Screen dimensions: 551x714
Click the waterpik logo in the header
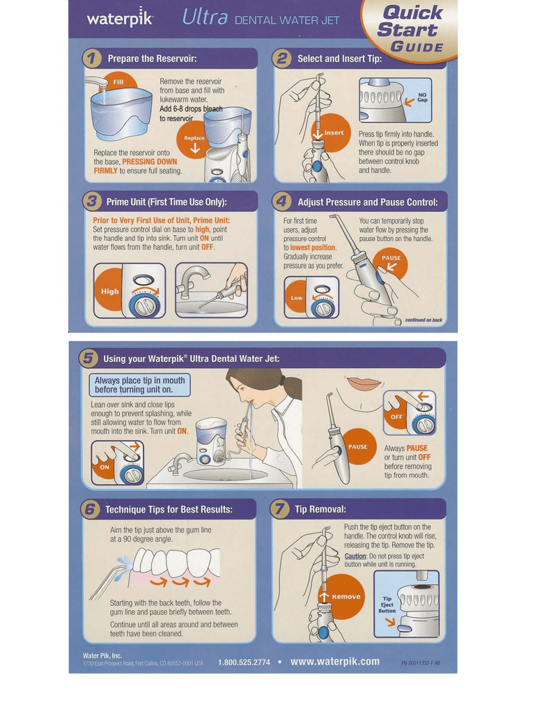[120, 18]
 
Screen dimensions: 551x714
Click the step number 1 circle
[91, 59]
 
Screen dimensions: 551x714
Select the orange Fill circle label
[118, 82]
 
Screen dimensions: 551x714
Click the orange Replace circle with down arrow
[194, 142]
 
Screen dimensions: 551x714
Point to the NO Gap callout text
[422, 98]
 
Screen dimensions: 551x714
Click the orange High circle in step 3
[109, 291]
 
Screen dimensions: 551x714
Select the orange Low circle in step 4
[297, 297]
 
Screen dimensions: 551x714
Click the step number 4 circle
[281, 202]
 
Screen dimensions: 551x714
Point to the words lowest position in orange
[313, 248]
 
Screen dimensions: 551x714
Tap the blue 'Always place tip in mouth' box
[140, 385]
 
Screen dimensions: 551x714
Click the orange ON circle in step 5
[105, 466]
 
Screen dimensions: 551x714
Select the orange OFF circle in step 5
[396, 416]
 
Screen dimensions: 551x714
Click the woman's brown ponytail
[292, 389]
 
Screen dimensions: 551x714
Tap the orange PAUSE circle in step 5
[358, 447]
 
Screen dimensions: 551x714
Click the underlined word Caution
[355, 556]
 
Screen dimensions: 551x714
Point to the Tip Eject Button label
[387, 605]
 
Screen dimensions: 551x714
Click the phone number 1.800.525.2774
[244, 662]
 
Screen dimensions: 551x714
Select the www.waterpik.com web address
[335, 661]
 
